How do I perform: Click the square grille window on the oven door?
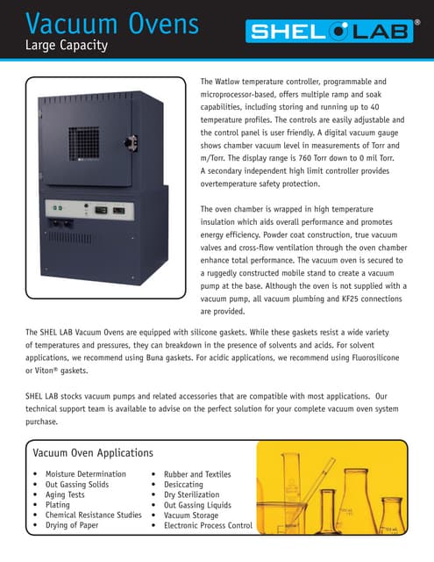coord(92,137)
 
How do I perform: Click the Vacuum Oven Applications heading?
coord(93,453)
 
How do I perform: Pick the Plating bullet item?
coord(58,505)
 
